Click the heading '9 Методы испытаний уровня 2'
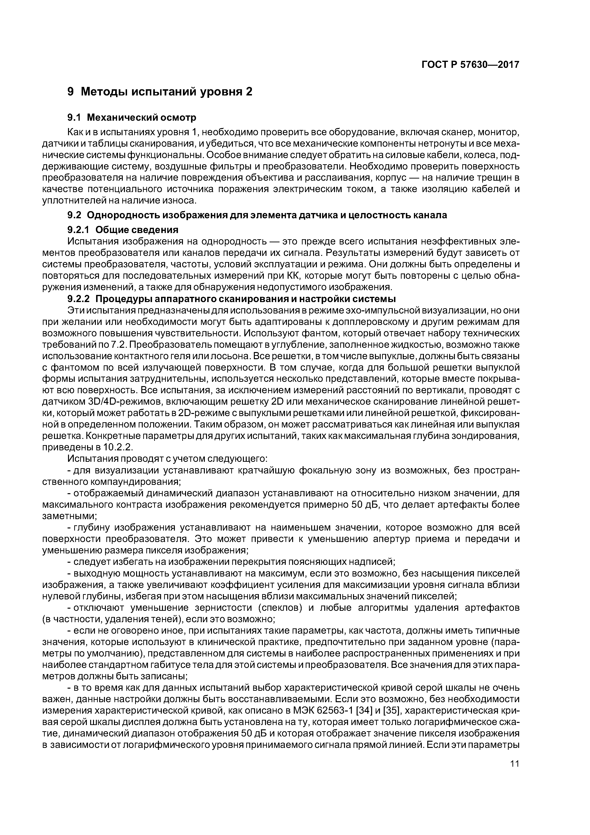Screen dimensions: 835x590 [x=160, y=92]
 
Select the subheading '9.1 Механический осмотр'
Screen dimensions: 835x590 [x=132, y=118]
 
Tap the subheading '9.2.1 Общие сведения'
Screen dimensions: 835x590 [x=123, y=230]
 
